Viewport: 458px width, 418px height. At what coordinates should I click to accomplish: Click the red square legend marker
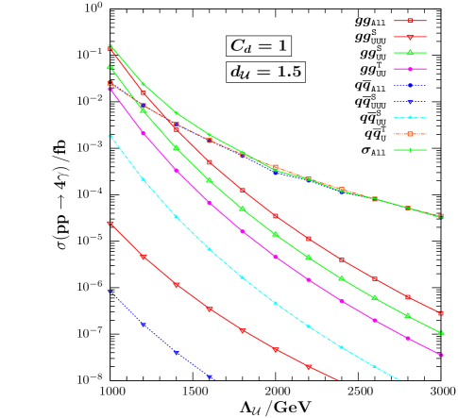click(x=410, y=21)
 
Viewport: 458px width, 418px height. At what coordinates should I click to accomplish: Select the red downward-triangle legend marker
click(x=410, y=37)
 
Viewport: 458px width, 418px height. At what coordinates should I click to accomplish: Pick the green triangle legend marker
click(x=410, y=53)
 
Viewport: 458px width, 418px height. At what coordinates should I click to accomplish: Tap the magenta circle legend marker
click(x=410, y=69)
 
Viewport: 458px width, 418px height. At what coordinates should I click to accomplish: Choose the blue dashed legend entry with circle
click(x=410, y=85)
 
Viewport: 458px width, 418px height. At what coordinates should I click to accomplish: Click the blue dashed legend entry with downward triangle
click(x=410, y=101)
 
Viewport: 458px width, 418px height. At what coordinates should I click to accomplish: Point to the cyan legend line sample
click(x=410, y=118)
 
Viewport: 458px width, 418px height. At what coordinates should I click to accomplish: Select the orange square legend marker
click(x=410, y=134)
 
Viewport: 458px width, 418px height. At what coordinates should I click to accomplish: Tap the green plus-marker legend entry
click(x=410, y=150)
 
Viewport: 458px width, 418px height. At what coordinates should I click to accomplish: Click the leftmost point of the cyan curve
click(x=110, y=136)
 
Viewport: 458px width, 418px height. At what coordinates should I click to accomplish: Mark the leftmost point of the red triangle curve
click(x=110, y=224)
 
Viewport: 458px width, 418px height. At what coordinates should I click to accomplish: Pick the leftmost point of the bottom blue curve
click(x=110, y=292)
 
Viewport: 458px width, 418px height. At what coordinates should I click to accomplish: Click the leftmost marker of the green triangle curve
click(x=110, y=66)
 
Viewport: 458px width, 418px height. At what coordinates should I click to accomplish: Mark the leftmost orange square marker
click(x=110, y=83)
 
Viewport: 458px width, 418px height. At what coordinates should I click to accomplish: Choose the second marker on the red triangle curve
click(x=144, y=257)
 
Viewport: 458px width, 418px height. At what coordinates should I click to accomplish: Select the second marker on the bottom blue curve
click(x=144, y=325)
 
